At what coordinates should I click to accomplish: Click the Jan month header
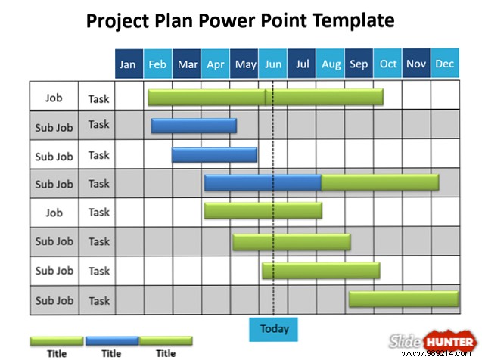[129, 64]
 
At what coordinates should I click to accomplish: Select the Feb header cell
[157, 64]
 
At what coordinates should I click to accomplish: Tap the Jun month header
[273, 64]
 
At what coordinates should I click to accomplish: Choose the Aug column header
[331, 64]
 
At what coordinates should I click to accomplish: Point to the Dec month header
[445, 64]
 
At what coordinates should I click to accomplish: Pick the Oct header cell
[388, 64]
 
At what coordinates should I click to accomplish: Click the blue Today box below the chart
[274, 329]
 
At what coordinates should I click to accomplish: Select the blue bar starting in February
[194, 126]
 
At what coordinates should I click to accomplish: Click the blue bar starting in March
[214, 154]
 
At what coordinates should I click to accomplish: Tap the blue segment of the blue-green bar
[263, 182]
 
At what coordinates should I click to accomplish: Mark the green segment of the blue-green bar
[380, 182]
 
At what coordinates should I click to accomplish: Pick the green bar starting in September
[403, 299]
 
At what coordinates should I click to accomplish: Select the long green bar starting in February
[265, 97]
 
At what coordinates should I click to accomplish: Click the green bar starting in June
[321, 270]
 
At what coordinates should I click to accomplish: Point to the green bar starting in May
[291, 241]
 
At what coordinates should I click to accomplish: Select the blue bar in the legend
[111, 340]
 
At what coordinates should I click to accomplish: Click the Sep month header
[359, 64]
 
